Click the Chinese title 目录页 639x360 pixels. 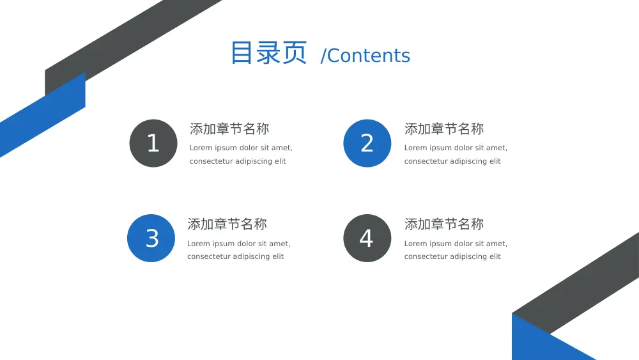click(x=268, y=53)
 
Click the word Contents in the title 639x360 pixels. click(x=369, y=56)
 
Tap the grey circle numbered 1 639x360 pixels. click(x=153, y=143)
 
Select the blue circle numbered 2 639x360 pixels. click(x=367, y=143)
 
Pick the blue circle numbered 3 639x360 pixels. click(x=151, y=238)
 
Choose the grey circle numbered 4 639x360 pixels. click(x=367, y=238)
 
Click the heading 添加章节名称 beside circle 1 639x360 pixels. click(x=229, y=129)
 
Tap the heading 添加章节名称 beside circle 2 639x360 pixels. click(x=444, y=129)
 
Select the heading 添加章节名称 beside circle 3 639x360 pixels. click(x=227, y=224)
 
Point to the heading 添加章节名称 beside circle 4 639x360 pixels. click(x=444, y=224)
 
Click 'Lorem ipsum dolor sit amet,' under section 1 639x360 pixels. click(x=241, y=148)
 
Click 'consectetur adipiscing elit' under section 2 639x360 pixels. click(x=452, y=161)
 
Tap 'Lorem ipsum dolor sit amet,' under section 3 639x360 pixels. click(x=238, y=244)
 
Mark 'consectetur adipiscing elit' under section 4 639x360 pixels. click(x=452, y=256)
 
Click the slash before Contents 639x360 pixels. click(x=323, y=56)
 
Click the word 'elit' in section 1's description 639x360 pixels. click(x=280, y=161)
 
